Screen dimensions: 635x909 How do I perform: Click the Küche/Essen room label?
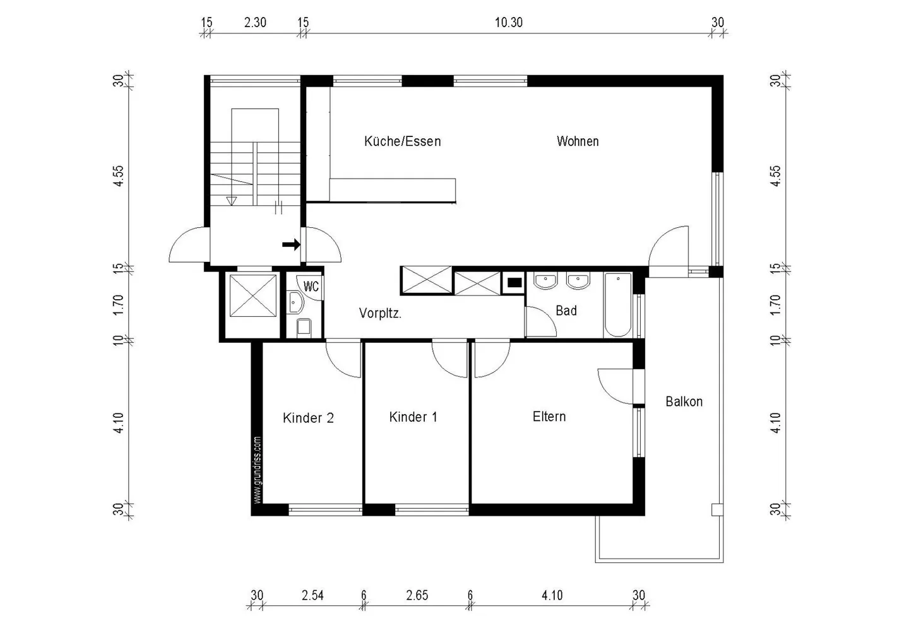coord(402,141)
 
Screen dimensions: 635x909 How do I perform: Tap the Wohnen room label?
coord(577,141)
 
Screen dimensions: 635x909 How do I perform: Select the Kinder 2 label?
coord(308,418)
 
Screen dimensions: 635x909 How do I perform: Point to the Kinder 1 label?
coord(413,417)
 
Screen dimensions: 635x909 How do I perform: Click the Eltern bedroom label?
coord(549,417)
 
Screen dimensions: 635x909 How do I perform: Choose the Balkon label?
coord(684,401)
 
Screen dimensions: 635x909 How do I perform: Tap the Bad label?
coord(566,311)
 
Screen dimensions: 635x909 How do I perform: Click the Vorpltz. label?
coord(380,313)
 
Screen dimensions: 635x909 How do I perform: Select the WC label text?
coord(311,287)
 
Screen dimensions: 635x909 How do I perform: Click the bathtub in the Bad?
coord(617,305)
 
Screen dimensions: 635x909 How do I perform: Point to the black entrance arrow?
coord(291,245)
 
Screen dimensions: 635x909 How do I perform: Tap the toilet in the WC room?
coord(304,326)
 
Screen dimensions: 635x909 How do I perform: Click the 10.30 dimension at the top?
coord(508,23)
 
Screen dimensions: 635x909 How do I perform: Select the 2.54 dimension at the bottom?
coord(312,595)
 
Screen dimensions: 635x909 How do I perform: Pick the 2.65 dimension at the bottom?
coord(417,595)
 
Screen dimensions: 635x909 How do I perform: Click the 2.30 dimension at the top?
coord(255,23)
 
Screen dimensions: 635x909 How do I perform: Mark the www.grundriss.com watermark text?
coord(257,470)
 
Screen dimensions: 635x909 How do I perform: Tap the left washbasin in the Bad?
coord(545,281)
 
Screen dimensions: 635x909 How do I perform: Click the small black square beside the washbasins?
coord(514,283)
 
